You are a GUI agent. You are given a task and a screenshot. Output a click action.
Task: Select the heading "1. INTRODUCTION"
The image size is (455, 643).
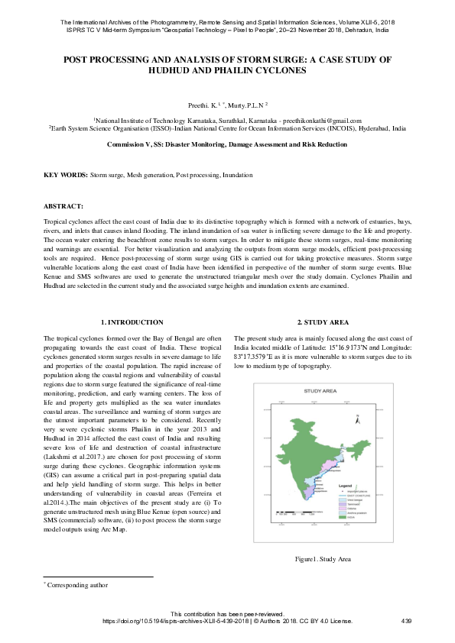(132, 323)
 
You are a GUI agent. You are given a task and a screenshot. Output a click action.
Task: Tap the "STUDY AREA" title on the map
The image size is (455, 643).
(320, 390)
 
